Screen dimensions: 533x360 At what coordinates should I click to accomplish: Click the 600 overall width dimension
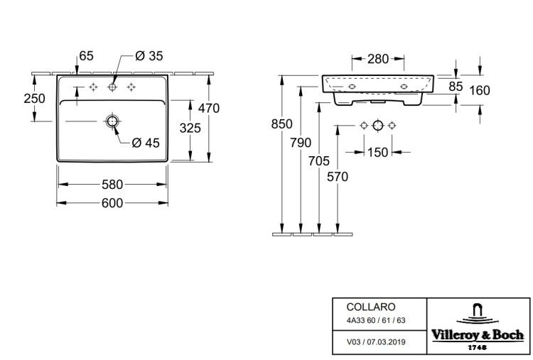(112, 203)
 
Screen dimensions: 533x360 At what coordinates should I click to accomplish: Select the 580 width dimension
(112, 185)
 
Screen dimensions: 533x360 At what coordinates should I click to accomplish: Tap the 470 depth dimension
(209, 108)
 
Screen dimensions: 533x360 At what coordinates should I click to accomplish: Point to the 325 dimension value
(190, 128)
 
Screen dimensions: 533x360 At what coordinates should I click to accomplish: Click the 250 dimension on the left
(34, 99)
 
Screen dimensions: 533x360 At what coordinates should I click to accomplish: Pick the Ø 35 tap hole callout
(149, 55)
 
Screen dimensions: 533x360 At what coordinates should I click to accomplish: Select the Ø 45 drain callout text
(146, 143)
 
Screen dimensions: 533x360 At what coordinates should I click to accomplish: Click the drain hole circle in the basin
(112, 121)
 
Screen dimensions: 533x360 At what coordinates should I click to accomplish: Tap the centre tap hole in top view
(112, 87)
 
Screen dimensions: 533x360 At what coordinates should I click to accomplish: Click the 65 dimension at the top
(86, 55)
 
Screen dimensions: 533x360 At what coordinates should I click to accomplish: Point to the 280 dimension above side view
(378, 59)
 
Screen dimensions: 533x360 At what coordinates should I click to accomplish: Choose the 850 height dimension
(282, 124)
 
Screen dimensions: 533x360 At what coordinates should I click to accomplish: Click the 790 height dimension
(301, 143)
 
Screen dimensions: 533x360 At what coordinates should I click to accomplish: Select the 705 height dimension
(319, 161)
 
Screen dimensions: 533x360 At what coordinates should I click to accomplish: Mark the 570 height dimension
(338, 177)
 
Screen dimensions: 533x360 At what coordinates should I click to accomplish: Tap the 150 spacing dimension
(377, 152)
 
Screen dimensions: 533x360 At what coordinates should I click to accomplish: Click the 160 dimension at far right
(479, 90)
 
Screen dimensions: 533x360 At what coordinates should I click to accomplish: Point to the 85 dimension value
(456, 87)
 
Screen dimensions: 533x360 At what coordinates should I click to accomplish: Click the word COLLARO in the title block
(371, 307)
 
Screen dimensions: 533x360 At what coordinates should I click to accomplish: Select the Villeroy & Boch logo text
(478, 335)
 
